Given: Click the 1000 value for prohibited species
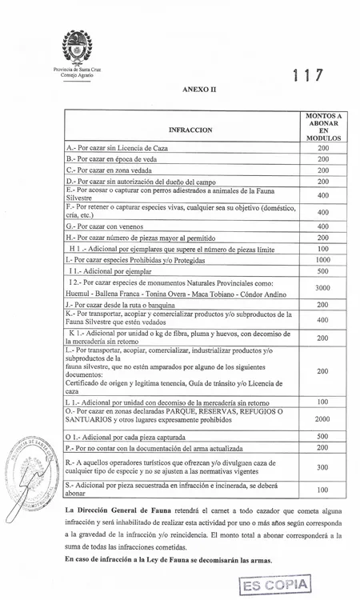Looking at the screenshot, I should (322, 260).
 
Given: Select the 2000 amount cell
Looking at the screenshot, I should (322, 418).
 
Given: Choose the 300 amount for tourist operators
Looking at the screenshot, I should (322, 467).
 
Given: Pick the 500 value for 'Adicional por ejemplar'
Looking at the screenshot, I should (322, 271).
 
